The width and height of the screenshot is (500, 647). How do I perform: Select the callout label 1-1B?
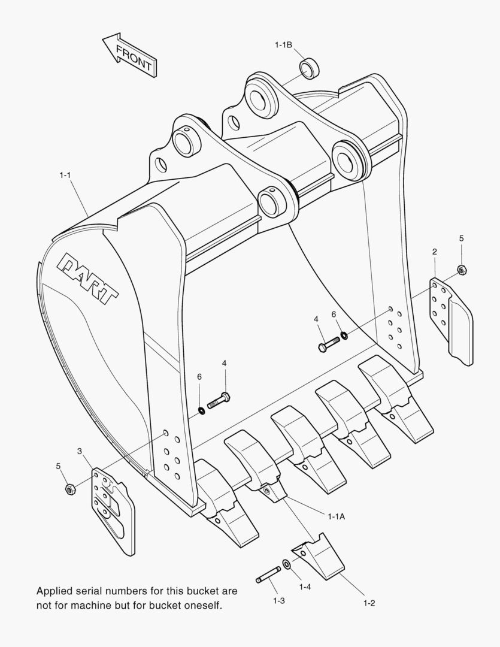[283, 44]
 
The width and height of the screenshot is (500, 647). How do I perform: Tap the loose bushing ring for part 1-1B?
[310, 68]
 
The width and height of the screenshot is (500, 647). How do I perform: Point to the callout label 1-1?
[65, 175]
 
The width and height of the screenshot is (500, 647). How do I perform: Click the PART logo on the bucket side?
[88, 279]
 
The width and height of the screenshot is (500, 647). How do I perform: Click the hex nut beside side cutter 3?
[69, 489]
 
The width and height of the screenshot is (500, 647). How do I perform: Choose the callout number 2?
[434, 252]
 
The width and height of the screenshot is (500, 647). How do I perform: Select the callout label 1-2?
[369, 603]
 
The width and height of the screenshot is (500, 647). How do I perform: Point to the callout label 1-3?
[278, 600]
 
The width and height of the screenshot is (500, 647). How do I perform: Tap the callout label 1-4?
[305, 587]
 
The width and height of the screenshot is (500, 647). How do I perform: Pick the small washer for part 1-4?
[287, 564]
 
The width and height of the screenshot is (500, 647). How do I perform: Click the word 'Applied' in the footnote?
[54, 591]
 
